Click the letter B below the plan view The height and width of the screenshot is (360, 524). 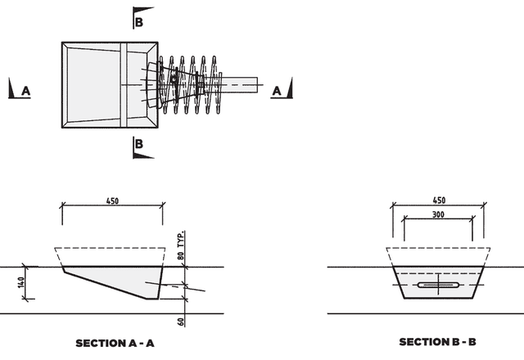tap(139, 144)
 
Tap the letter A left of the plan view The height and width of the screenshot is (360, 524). tap(26, 92)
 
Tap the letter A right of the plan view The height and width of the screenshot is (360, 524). tap(277, 91)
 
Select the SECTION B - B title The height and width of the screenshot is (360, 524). tap(438, 341)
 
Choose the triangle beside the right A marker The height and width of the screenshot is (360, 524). tap(289, 86)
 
